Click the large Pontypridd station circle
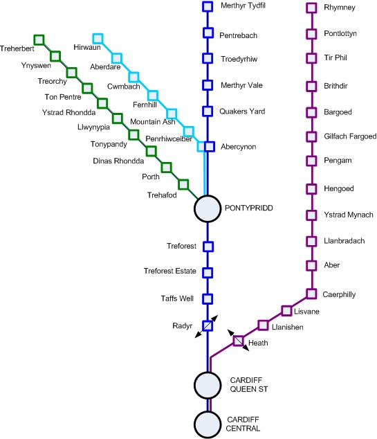[x=208, y=208]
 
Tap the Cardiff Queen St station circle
[x=208, y=385]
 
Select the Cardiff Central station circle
[x=208, y=424]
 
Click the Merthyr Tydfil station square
[x=208, y=7]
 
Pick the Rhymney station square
[x=311, y=8]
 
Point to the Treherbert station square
[x=39, y=39]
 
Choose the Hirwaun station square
[x=98, y=39]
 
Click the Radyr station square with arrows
[x=208, y=325]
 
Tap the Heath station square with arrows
[x=238, y=341]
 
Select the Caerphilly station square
[x=311, y=294]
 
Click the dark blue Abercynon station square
[x=210, y=146]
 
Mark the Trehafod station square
[x=183, y=185]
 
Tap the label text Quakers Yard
[x=242, y=111]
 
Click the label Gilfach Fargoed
[x=350, y=136]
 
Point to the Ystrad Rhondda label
[x=68, y=113]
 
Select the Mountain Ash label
[x=153, y=122]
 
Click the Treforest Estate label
[x=170, y=271]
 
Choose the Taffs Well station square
[x=208, y=298]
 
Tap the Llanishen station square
[x=263, y=325]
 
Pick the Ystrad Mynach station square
[x=311, y=215]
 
